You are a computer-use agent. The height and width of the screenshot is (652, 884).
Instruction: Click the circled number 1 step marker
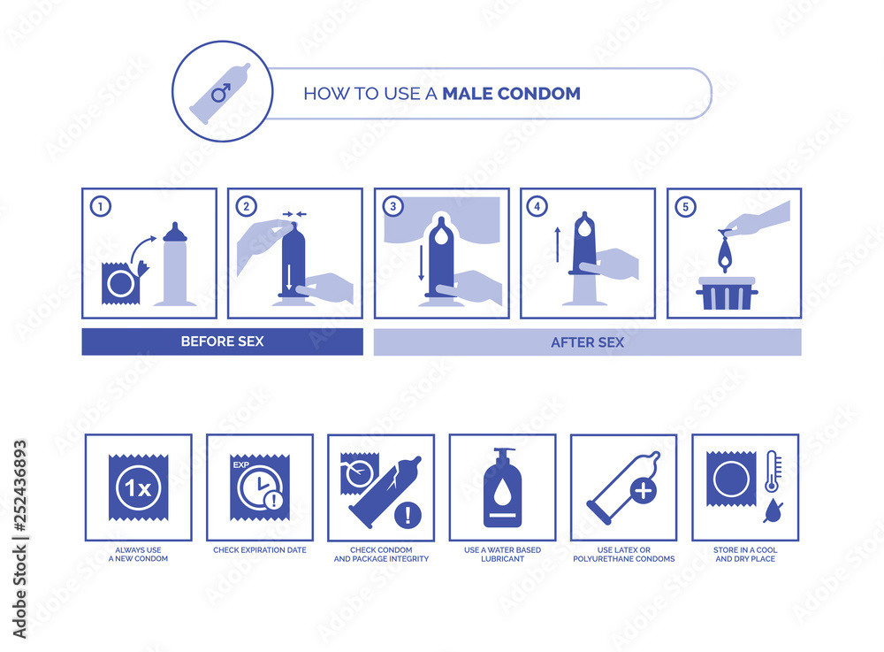coord(101,206)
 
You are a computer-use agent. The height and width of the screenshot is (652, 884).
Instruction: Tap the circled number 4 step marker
coord(537,206)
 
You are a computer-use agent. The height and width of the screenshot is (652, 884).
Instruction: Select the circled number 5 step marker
coord(686,207)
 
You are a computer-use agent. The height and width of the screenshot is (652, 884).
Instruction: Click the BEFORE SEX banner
coord(222,341)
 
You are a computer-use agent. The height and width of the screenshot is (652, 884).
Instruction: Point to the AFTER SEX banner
coord(587,342)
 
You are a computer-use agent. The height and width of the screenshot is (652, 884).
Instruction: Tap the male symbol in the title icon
coord(221,92)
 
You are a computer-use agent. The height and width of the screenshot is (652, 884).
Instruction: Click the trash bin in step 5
coord(727,294)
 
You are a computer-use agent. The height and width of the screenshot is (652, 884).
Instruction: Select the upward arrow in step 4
coord(557,245)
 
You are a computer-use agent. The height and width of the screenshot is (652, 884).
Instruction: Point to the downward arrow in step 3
coord(421,263)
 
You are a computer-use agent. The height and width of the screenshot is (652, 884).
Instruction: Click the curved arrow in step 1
coord(143,249)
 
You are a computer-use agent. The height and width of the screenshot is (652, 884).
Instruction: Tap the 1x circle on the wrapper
coord(138,487)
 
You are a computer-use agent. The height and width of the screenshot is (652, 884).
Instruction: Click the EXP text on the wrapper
coord(240,464)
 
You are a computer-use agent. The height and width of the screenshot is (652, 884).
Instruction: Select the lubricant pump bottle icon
coord(502,488)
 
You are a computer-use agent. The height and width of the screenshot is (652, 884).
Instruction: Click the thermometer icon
coord(773,472)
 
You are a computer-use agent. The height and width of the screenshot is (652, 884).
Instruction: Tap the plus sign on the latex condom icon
coord(643,491)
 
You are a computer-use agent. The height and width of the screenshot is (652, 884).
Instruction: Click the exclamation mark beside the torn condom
coord(408,515)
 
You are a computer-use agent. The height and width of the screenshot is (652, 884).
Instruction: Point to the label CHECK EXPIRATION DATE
coord(260,550)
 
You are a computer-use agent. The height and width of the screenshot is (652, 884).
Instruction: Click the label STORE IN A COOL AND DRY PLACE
coord(745,555)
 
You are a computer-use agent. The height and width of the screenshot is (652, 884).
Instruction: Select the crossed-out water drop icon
coord(773,510)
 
